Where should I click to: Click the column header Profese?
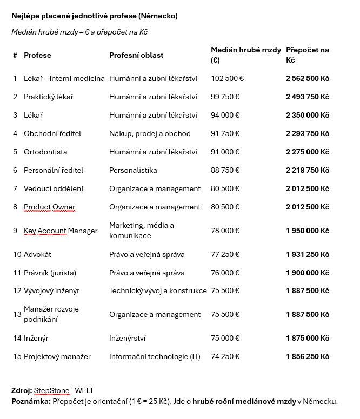click(37, 55)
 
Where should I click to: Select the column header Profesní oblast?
click(136, 55)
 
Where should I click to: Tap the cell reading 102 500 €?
click(227, 78)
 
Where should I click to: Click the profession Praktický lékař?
click(48, 97)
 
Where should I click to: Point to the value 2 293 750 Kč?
click(307, 133)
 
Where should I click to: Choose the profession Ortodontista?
click(45, 152)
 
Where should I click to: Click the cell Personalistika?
click(133, 170)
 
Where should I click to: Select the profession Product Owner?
click(49, 207)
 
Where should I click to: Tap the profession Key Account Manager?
click(61, 231)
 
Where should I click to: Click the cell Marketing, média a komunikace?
click(142, 231)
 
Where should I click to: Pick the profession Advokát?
click(37, 254)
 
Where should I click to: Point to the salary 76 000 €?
click(225, 273)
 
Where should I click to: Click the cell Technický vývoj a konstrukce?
click(158, 290)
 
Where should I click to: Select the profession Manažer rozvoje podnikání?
click(51, 314)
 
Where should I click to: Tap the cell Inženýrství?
click(127, 338)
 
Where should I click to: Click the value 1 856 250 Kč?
click(307, 356)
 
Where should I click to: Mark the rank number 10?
click(17, 254)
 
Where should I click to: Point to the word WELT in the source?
click(84, 390)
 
